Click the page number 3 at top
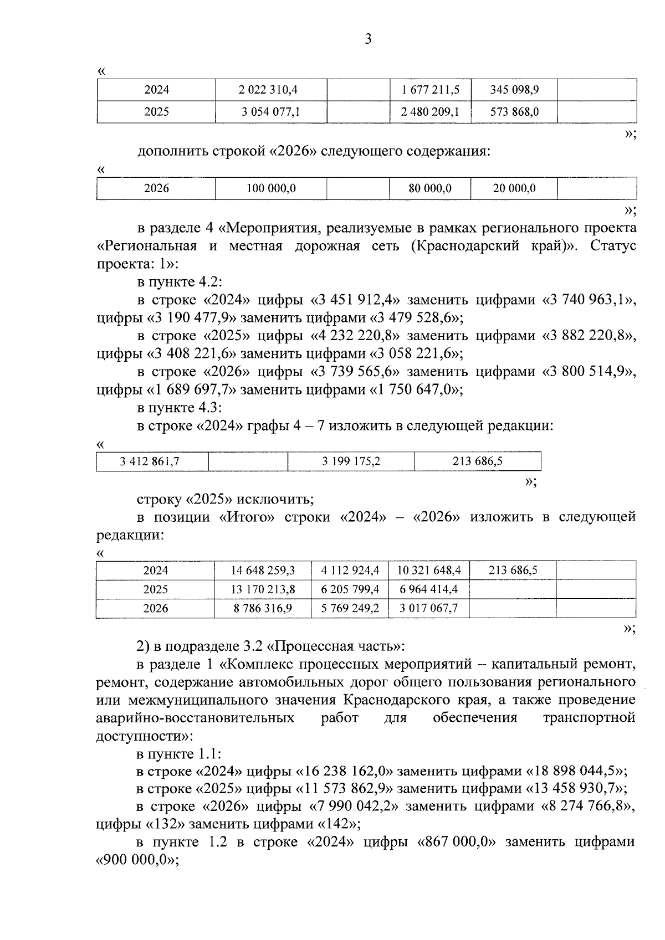click(368, 39)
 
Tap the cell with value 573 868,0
click(514, 112)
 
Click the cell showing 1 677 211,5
click(430, 90)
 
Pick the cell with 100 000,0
click(270, 189)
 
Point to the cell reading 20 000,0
click(514, 189)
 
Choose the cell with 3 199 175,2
click(351, 461)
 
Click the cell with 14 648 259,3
click(263, 571)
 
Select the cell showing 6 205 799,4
click(350, 589)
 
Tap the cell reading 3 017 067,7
click(429, 608)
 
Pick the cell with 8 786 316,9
click(263, 608)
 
